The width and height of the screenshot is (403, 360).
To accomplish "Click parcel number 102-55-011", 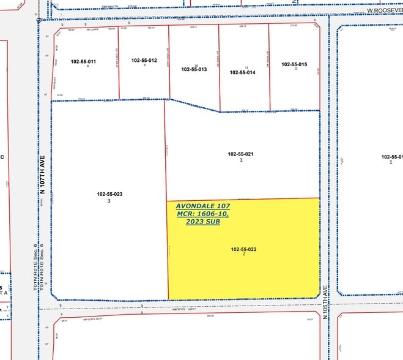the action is coord(83,61).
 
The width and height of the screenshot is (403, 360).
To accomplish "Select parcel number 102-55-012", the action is coord(144,60).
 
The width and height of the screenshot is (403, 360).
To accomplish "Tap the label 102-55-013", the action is coord(194,70).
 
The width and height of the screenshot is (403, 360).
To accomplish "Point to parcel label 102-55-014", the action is coord(242,72).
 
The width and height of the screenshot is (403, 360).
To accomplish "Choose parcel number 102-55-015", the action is coord(294,64).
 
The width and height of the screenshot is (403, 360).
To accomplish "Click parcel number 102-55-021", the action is coord(240,154).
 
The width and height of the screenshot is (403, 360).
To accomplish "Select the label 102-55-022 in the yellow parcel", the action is coord(243,249).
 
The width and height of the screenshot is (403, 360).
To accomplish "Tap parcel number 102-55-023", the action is coord(109,195).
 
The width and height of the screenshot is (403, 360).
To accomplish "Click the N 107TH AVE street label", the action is coord(43,174).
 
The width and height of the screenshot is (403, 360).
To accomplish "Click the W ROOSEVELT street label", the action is coord(385,10).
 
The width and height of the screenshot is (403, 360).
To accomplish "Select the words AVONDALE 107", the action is coord(202,206).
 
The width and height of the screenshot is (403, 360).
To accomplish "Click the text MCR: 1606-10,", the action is coord(202,214).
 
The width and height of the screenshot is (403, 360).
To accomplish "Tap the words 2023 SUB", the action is coord(202,221).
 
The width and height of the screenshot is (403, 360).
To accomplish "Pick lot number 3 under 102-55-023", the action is coord(109,201).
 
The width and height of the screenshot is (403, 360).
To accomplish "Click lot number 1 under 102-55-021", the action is coord(241,160).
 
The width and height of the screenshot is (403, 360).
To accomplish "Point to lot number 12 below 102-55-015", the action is coord(295,69).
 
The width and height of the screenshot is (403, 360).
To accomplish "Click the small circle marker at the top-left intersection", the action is coord(39,20).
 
